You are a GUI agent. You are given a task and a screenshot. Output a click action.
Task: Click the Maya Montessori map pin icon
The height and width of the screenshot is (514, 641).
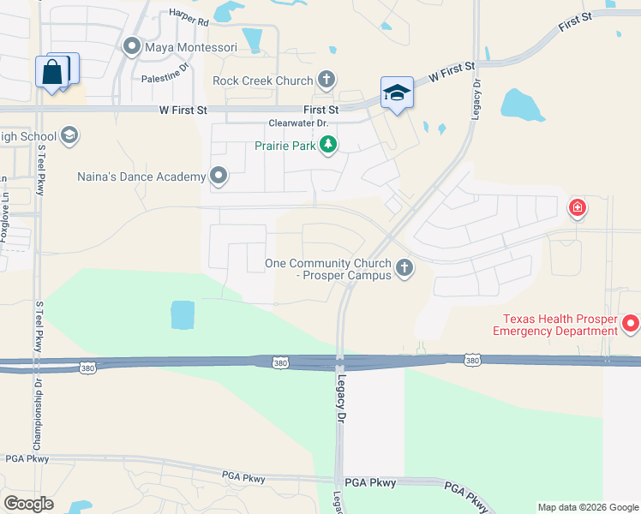pyautogui.click(x=132, y=46)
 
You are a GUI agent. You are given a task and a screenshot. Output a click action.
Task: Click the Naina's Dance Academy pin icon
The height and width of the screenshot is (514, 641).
pyautogui.click(x=219, y=176)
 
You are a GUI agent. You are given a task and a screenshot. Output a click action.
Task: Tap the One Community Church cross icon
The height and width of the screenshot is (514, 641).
pyautogui.click(x=405, y=269)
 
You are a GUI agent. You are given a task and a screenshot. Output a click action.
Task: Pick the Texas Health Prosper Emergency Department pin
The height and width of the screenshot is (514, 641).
pyautogui.click(x=631, y=324)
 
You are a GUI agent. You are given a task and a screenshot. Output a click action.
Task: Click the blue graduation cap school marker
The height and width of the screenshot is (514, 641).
pyautogui.click(x=397, y=93)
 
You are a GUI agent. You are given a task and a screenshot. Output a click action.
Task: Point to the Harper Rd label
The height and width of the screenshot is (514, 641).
pyautogui.click(x=189, y=14)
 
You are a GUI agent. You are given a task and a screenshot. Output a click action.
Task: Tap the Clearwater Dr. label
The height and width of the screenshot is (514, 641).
pyautogui.click(x=298, y=123)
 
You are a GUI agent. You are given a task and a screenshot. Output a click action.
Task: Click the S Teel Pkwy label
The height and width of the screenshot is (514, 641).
pyautogui.click(x=40, y=170)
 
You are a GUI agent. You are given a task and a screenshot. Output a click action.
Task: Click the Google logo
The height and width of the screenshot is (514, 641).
pyautogui.click(x=28, y=503)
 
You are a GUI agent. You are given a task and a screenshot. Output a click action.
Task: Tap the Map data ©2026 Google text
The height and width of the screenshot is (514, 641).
pyautogui.click(x=588, y=507)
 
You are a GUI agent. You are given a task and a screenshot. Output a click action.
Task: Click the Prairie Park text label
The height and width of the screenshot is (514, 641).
pyautogui.click(x=285, y=146)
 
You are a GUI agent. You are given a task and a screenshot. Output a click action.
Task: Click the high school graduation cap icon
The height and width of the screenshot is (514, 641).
pyautogui.click(x=69, y=135)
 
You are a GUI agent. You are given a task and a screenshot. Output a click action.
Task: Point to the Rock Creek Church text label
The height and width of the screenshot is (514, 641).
pyautogui.click(x=262, y=81)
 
